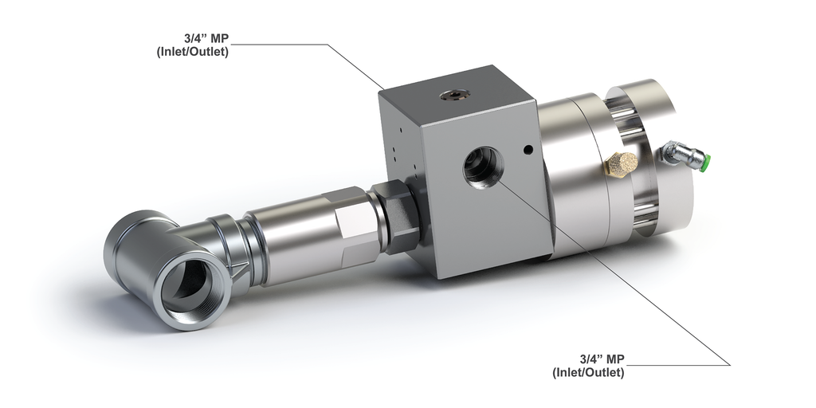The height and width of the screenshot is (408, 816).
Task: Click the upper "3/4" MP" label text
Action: pyautogui.click(x=205, y=38)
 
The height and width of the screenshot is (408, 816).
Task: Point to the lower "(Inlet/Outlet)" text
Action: pyautogui.click(x=588, y=372)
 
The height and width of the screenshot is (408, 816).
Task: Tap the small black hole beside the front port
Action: pyautogui.click(x=527, y=149)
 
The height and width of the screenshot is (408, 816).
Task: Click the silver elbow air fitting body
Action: pyautogui.click(x=677, y=153)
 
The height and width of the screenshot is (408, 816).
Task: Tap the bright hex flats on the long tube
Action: pyautogui.click(x=351, y=226)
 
